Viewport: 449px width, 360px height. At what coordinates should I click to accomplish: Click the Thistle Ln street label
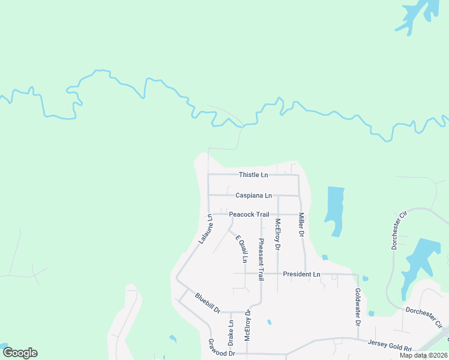pyautogui.click(x=253, y=175)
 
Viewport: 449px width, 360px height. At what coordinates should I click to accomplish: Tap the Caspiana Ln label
pyautogui.click(x=253, y=195)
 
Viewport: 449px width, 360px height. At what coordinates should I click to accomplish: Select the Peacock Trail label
pyautogui.click(x=249, y=214)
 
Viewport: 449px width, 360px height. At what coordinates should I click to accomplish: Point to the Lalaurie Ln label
pyautogui.click(x=205, y=229)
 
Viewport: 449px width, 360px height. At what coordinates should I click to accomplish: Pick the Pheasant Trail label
pyautogui.click(x=261, y=259)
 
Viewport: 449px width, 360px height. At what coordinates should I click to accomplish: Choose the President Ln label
pyautogui.click(x=301, y=274)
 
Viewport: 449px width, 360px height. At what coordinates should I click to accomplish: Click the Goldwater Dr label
pyautogui.click(x=358, y=307)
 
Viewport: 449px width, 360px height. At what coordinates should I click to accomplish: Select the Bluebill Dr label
pyautogui.click(x=208, y=303)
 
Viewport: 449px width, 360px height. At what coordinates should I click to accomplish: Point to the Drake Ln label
pyautogui.click(x=231, y=332)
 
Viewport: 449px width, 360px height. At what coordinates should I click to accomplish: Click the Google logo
pyautogui.click(x=20, y=353)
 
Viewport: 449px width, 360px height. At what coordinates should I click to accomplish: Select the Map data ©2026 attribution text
pyautogui.click(x=423, y=355)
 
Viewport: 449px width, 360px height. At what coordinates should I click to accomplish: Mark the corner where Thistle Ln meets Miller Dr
pyautogui.click(x=299, y=175)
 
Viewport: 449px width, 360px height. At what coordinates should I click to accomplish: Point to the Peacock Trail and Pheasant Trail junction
pyautogui.click(x=261, y=214)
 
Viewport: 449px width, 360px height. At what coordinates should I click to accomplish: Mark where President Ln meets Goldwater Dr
pyautogui.click(x=358, y=275)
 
